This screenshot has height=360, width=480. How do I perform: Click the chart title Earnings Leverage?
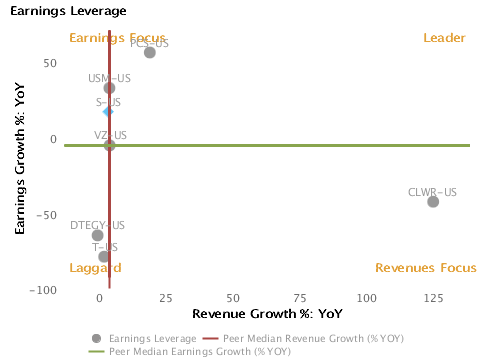click(68, 11)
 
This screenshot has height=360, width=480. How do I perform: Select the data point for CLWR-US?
click(433, 201)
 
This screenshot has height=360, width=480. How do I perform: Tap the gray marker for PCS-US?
click(150, 52)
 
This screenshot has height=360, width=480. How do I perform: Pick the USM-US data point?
click(110, 88)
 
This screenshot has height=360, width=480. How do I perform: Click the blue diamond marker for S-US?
click(108, 111)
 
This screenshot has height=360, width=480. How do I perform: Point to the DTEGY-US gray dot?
click(97, 236)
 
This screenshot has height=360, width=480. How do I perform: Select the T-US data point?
click(104, 257)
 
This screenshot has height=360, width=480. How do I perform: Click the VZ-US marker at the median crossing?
click(110, 145)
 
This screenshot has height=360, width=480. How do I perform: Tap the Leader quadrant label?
click(444, 38)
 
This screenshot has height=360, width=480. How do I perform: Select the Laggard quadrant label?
click(95, 268)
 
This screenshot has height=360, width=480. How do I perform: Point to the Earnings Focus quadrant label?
click(103, 38)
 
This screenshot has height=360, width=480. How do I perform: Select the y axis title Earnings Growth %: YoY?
click(19, 161)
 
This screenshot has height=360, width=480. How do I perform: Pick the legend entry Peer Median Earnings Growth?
click(190, 351)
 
